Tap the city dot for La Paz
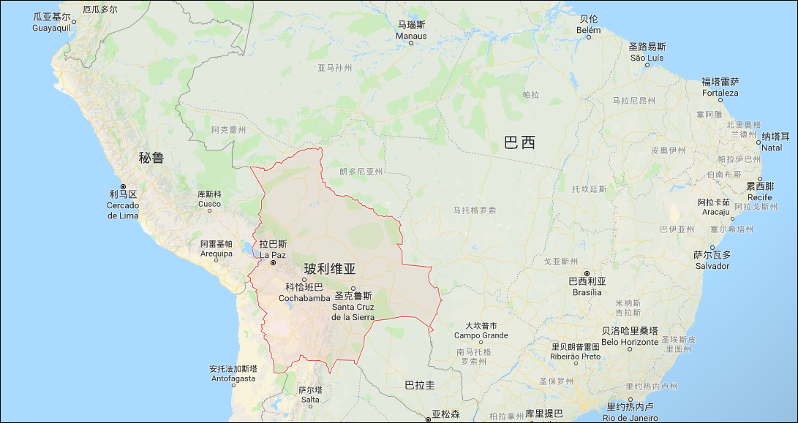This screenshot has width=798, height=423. tap(273, 262)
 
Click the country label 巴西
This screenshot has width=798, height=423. tap(519, 142)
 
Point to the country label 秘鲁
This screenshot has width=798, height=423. tap(151, 157)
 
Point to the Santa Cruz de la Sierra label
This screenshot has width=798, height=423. tap(353, 307)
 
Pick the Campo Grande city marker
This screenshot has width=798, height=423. tap(481, 342)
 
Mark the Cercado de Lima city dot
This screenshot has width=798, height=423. tap(123, 187)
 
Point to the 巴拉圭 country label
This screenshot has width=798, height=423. tap(419, 384)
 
